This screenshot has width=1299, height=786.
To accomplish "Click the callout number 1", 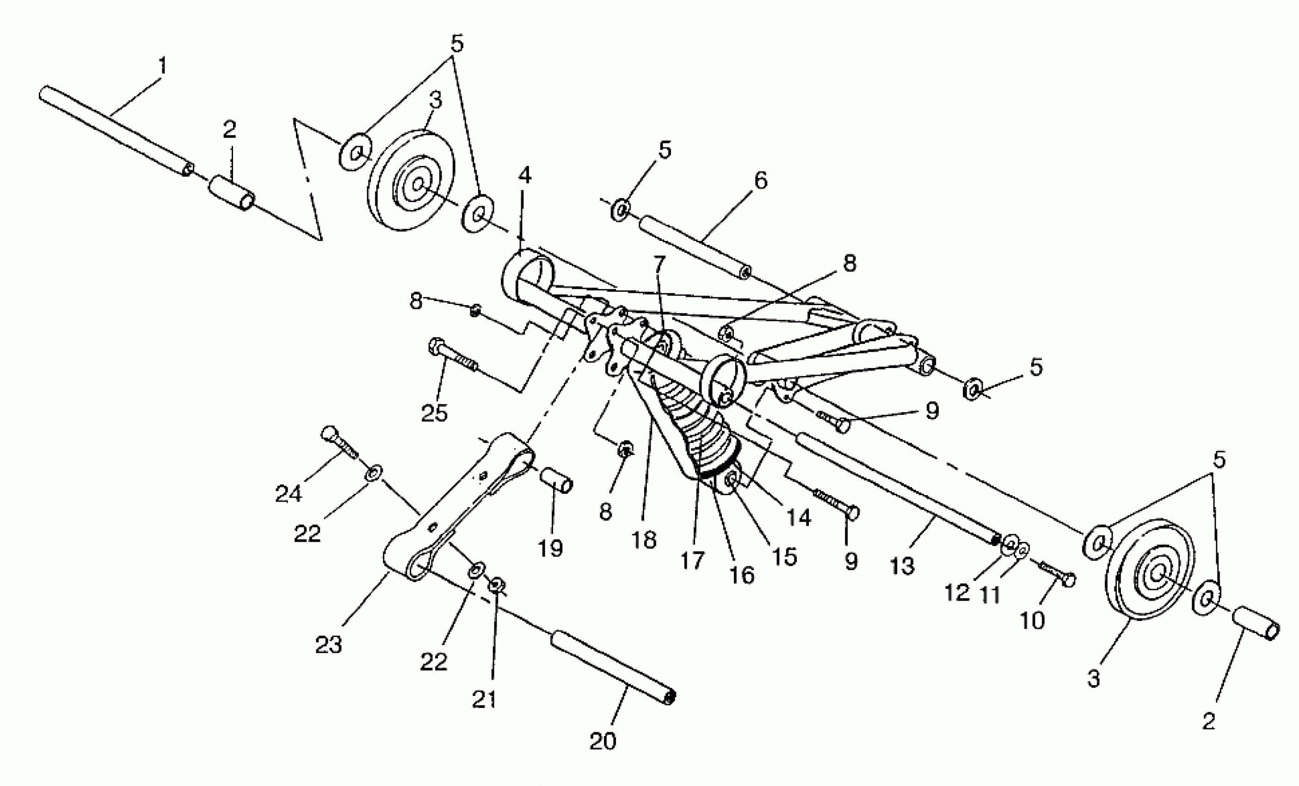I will coord(163,67).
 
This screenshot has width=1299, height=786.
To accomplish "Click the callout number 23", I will coord(328,644).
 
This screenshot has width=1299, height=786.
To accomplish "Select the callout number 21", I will coord(484,700).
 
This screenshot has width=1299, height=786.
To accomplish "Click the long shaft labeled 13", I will coord(896,488).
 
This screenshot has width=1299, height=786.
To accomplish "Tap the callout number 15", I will coord(784,557).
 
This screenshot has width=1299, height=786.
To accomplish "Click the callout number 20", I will coord(603,741).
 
